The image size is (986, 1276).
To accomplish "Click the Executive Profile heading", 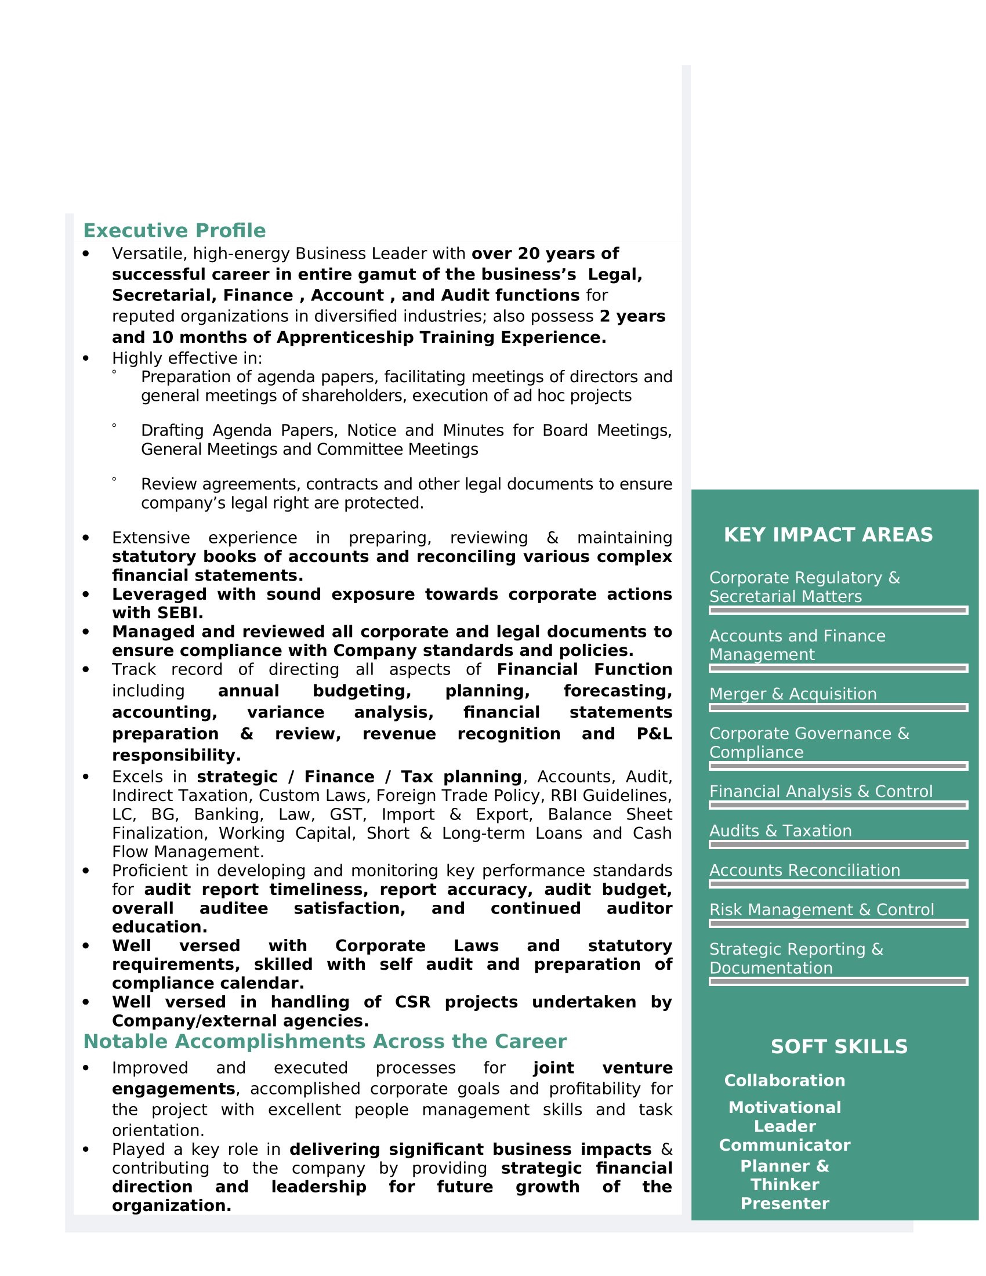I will click(x=174, y=231).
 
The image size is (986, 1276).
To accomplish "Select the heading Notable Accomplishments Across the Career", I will click(x=325, y=1042).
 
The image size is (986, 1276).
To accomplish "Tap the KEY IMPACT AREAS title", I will click(x=828, y=535).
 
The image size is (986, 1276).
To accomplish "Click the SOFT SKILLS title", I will click(x=839, y=1046).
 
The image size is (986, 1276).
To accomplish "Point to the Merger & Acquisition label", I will click(x=793, y=694).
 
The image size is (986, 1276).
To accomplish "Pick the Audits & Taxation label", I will click(x=780, y=831).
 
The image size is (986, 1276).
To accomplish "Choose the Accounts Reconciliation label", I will click(x=804, y=870).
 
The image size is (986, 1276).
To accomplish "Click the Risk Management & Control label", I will click(x=821, y=909).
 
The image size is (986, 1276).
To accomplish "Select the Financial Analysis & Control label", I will click(x=821, y=792).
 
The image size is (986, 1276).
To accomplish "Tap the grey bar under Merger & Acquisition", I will click(x=838, y=708).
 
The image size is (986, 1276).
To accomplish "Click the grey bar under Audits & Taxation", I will click(x=838, y=844).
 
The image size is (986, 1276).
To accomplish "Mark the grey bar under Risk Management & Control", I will click(x=838, y=923).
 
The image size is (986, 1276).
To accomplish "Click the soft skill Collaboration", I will click(x=785, y=1081).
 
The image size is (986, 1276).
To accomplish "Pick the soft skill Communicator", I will click(x=785, y=1145).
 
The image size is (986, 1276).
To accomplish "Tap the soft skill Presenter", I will click(x=785, y=1203).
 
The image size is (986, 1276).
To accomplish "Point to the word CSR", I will click(x=412, y=1002).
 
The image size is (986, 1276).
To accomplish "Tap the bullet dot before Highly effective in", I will click(x=86, y=358).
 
